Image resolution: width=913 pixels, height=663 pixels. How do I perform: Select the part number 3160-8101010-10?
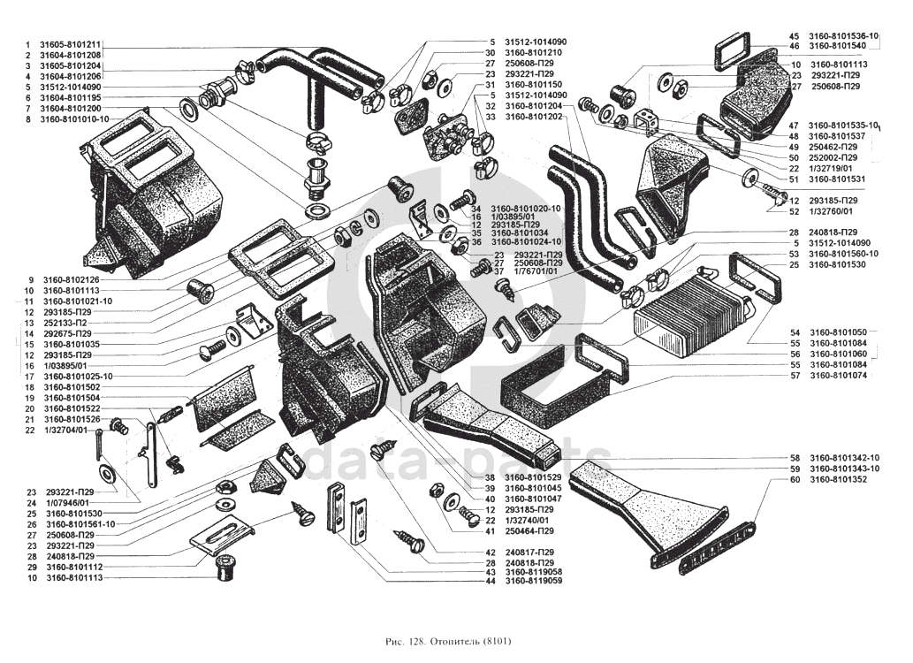[75, 119]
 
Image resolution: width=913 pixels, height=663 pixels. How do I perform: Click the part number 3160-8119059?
[535, 582]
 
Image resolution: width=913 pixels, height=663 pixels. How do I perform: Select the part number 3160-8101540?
[839, 46]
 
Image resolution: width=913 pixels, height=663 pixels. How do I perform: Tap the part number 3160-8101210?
[534, 53]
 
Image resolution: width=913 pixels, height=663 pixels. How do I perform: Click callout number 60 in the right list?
[795, 479]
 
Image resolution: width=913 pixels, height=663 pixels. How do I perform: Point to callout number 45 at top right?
[794, 35]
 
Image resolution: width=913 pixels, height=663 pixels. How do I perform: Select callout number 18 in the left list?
[29, 387]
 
